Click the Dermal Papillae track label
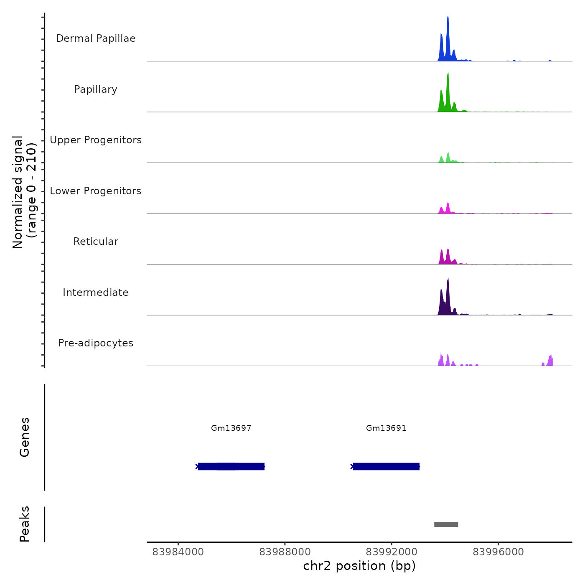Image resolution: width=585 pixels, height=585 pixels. [96, 38]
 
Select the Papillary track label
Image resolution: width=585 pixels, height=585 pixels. [96, 89]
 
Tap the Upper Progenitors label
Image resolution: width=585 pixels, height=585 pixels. [96, 140]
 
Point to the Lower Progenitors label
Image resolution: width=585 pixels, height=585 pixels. [96, 191]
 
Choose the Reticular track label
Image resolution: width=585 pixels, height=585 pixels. [96, 242]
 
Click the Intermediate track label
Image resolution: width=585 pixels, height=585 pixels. [96, 292]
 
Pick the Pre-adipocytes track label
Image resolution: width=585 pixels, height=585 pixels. [96, 343]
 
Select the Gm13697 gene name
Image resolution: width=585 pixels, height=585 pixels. [231, 428]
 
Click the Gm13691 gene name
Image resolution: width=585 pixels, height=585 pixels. [386, 428]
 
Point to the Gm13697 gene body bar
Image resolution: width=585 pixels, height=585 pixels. [231, 466]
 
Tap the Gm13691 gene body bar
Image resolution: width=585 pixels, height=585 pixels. [386, 466]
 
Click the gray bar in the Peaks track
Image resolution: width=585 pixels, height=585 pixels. [446, 524]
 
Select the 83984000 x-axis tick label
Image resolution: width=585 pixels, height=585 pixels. [178, 552]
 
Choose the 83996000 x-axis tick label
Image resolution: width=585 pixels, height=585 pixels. [498, 552]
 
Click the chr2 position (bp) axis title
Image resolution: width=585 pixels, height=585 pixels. [359, 566]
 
